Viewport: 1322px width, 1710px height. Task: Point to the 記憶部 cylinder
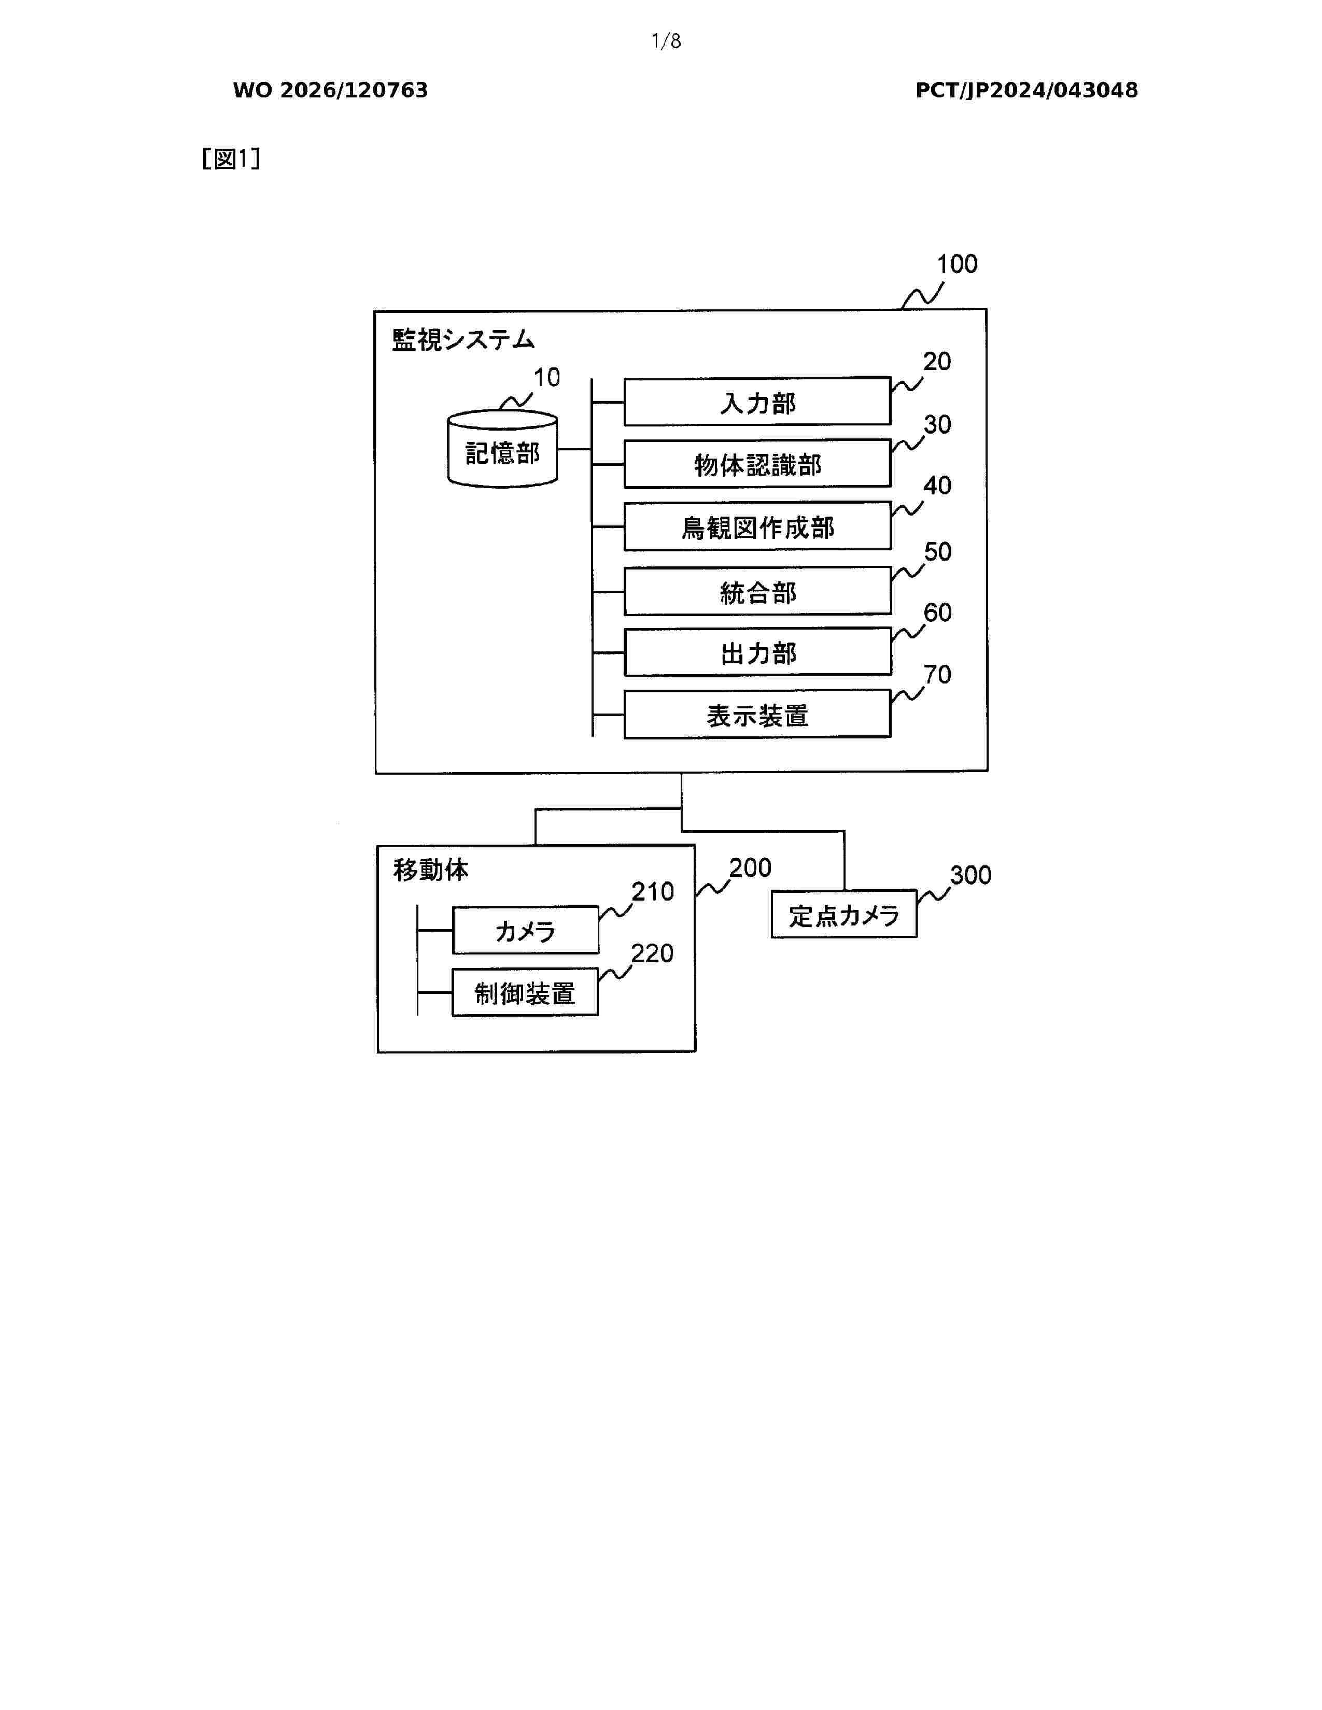click(x=502, y=449)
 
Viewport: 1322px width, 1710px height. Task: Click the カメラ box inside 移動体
click(x=526, y=930)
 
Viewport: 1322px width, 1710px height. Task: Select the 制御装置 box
click(x=525, y=992)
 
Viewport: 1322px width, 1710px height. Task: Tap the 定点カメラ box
click(x=843, y=914)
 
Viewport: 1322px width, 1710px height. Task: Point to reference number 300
click(x=971, y=875)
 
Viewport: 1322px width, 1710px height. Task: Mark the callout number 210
click(x=652, y=892)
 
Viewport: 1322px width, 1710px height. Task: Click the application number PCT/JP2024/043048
click(x=1026, y=91)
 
